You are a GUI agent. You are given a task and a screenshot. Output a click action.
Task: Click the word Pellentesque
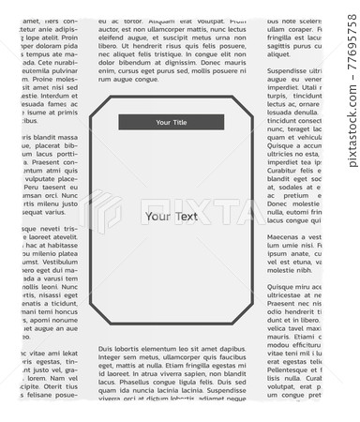[293, 373]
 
